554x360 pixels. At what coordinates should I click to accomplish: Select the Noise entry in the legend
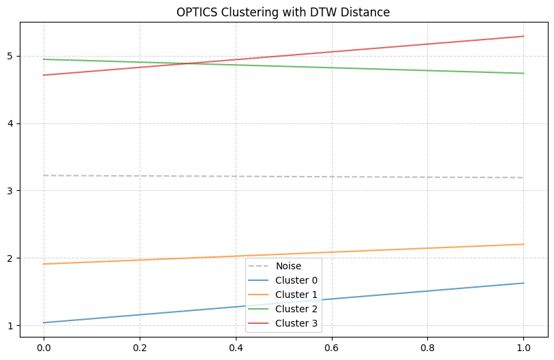tap(288, 266)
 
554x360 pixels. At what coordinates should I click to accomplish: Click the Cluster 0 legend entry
tap(296, 280)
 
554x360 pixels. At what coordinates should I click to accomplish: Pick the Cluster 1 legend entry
tap(296, 295)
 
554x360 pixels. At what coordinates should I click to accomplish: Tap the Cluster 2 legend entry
tap(296, 309)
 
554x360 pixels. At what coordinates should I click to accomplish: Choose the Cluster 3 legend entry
tap(296, 323)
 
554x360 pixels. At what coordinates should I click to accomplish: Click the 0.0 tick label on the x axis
tap(44, 347)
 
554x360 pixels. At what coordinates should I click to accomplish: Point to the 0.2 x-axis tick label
tap(140, 347)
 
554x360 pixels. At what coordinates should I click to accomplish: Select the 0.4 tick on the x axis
tap(236, 347)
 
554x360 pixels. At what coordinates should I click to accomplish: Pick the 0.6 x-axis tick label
tap(332, 347)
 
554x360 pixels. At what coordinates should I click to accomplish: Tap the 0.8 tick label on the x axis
tap(428, 347)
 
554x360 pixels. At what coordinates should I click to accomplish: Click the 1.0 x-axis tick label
tap(523, 347)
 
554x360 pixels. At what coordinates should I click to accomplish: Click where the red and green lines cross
tap(196, 63)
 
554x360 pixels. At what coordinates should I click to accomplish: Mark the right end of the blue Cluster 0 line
tap(523, 283)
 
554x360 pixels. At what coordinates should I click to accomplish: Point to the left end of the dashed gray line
tap(44, 175)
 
